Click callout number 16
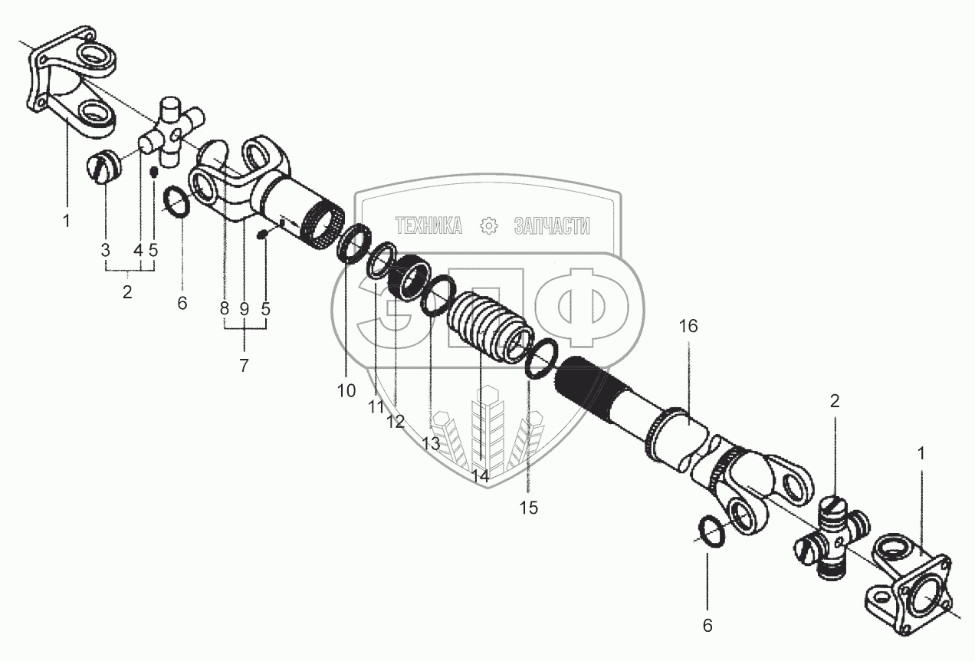tap(688, 327)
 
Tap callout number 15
tap(528, 508)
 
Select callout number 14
tap(481, 476)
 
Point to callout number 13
tap(431, 444)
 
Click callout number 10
tap(346, 391)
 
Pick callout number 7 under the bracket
tap(245, 365)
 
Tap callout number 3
tap(105, 251)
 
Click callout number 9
tap(245, 309)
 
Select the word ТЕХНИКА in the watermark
tap(428, 226)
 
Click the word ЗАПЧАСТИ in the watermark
tap(552, 226)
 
